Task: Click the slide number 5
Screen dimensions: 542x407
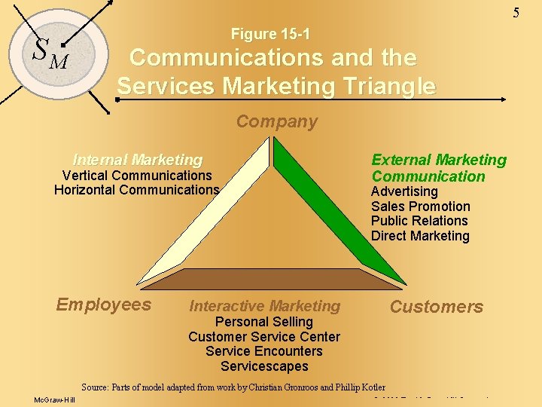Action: point(516,12)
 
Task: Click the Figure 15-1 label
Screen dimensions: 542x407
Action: point(270,34)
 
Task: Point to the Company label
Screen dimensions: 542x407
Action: point(277,121)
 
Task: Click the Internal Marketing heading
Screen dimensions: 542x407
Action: point(137,160)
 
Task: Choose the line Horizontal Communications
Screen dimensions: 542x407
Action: point(136,190)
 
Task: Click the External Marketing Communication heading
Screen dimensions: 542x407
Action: point(439,168)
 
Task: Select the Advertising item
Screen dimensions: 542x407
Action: point(404,191)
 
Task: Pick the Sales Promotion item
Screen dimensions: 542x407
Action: point(420,207)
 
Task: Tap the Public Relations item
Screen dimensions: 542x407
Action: point(419,221)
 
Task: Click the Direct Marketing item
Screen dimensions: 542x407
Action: point(420,236)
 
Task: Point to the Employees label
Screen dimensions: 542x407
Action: point(104,304)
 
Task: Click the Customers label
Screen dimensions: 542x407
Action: point(437,307)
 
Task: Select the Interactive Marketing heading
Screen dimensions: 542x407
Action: point(264,306)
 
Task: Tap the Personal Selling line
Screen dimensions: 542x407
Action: point(264,322)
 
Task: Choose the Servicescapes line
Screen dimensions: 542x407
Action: point(264,366)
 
